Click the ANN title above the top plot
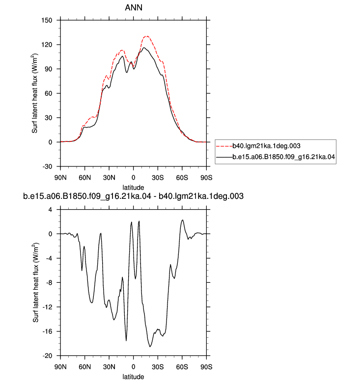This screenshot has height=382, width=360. (134, 7)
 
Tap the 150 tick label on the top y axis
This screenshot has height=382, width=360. (47, 20)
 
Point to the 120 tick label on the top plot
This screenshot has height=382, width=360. (47, 45)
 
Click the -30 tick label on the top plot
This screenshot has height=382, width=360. (48, 166)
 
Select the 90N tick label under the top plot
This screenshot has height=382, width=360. (60, 178)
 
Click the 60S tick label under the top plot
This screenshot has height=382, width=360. (182, 178)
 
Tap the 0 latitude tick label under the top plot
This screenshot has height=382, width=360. (133, 178)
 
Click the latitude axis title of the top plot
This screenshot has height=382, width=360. (133, 188)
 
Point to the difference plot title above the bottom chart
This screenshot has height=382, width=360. (133, 196)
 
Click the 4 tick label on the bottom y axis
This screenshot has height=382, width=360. (51, 210)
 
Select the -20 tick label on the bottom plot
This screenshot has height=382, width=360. (48, 356)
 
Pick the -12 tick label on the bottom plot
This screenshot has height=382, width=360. (48, 307)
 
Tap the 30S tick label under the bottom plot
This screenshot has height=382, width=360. (158, 367)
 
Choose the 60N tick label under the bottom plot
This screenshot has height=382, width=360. (85, 367)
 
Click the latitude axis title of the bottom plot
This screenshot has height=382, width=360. (133, 377)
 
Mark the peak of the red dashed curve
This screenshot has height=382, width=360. (147, 36)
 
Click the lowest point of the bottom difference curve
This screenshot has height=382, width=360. (150, 347)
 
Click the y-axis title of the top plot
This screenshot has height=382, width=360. (35, 93)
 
